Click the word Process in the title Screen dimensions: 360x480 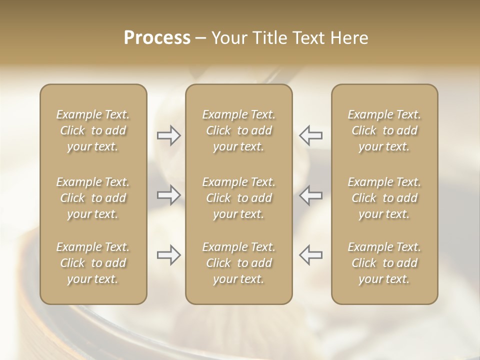click(157, 38)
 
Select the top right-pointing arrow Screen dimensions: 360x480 click(168, 135)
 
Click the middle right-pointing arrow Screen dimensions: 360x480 click(168, 195)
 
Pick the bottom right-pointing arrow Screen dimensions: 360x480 click(168, 255)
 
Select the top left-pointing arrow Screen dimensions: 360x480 click(310, 135)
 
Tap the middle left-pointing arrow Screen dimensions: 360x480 click(310, 195)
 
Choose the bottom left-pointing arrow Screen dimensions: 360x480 click(310, 255)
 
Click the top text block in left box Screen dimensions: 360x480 click(93, 130)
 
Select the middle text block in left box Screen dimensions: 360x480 click(93, 198)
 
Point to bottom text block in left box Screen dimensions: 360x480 click(93, 263)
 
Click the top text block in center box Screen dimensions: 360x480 click(238, 130)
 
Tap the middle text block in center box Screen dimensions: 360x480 click(238, 198)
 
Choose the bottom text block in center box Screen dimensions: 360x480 click(238, 263)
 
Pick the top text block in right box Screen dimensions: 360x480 click(384, 130)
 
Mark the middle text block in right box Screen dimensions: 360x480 click(384, 198)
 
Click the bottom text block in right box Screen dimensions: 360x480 click(384, 263)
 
